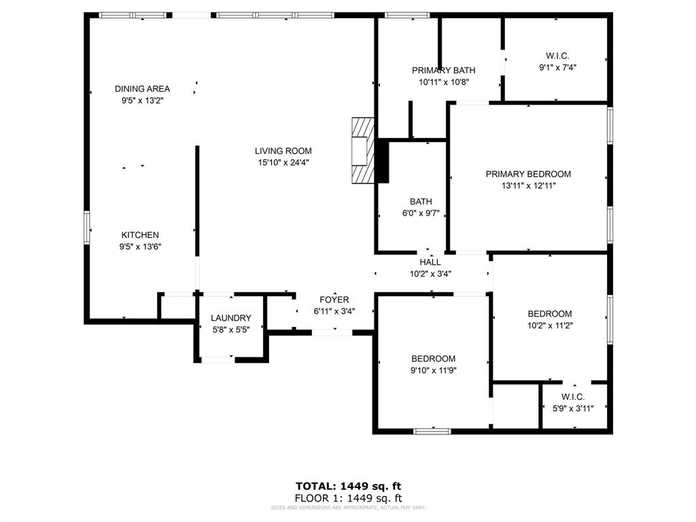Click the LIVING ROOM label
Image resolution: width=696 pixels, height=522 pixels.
point(283,151)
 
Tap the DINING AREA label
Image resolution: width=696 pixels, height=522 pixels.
point(142,89)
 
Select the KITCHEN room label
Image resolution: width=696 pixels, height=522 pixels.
point(140,235)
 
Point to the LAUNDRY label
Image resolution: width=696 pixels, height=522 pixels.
point(230,318)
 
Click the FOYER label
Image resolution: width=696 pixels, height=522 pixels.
point(334,300)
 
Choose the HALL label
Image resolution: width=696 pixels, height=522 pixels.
point(430,262)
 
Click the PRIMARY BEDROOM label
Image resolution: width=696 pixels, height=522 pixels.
point(528,174)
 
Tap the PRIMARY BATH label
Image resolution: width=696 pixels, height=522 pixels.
point(443,71)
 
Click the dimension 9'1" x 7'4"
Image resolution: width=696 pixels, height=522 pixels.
point(557,67)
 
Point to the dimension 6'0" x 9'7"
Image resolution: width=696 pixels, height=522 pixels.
point(421,213)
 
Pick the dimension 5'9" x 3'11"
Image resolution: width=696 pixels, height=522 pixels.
point(573,408)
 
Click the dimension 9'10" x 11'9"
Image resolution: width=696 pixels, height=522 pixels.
point(433,370)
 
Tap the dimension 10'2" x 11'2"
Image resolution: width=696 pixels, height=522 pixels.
point(550,325)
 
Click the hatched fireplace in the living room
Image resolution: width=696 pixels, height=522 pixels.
point(363,150)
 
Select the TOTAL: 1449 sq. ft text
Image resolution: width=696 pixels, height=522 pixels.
point(348,486)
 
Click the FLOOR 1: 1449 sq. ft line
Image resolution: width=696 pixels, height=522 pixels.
point(348,498)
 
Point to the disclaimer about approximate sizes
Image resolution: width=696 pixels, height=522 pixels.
point(348,507)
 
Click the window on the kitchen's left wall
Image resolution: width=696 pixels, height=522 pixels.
point(87,226)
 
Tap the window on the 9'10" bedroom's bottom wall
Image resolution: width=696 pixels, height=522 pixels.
point(432,430)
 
